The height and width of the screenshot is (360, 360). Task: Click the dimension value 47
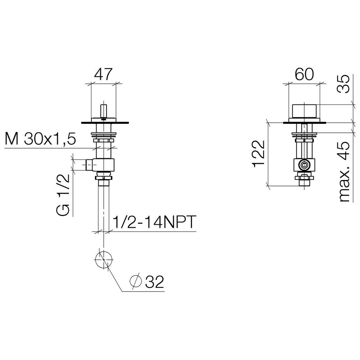[x=103, y=74]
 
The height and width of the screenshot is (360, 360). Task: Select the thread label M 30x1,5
[x=40, y=139]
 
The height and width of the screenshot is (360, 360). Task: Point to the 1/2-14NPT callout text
[x=154, y=221]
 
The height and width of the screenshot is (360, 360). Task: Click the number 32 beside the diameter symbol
[x=155, y=282]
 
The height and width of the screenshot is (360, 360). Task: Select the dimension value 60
[x=304, y=74]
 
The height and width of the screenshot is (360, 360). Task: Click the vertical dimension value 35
[x=343, y=84]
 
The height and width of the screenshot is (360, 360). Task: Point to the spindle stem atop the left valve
[x=104, y=111]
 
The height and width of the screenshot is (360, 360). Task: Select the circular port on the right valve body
[x=304, y=165]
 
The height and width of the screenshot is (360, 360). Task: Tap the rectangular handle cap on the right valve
[x=304, y=111]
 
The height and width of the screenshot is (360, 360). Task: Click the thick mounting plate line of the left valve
[x=105, y=123]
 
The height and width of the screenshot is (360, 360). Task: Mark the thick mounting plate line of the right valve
[x=304, y=123]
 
